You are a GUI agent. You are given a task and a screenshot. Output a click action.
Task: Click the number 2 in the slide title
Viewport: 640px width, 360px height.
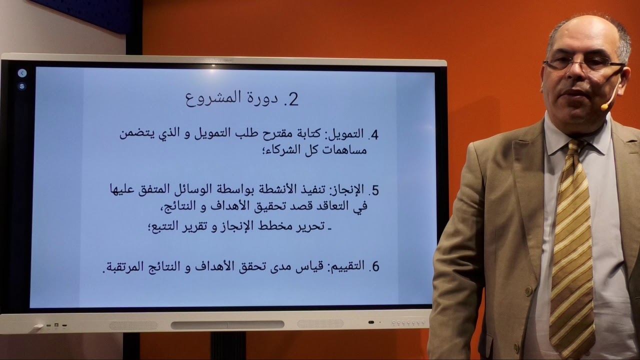tap(293, 99)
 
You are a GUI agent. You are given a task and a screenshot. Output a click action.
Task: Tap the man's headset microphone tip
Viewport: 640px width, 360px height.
tap(604, 107)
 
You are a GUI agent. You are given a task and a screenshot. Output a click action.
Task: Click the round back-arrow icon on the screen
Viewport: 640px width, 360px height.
tap(22, 73)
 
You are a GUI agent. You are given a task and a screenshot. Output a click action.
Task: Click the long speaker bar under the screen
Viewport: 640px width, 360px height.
tap(227, 325)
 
